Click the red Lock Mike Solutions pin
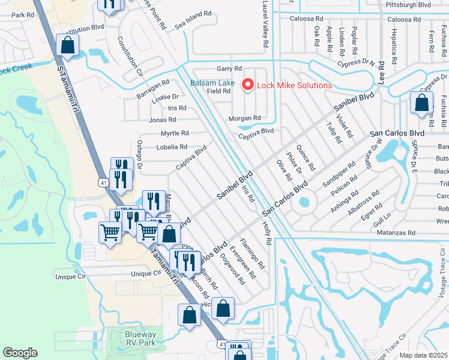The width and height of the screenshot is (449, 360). point(247,85)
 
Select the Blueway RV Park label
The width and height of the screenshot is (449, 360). point(140,338)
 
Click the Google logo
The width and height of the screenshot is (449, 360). point(20,353)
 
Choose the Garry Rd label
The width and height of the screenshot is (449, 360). point(229,69)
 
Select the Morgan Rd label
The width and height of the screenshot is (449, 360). point(244,118)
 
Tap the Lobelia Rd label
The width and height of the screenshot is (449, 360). point(172,146)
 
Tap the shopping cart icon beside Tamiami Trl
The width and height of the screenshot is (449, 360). point(110,231)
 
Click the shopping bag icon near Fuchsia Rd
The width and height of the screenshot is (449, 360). point(422,103)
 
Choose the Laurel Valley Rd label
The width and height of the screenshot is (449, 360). point(264,24)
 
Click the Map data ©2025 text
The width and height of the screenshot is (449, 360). point(423,355)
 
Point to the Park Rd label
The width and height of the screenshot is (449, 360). point(22,15)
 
